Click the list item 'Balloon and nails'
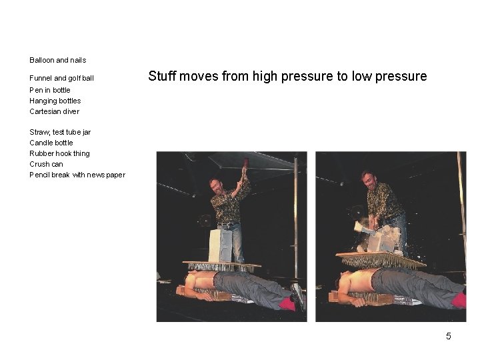tap(57, 60)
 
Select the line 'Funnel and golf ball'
tap(61, 79)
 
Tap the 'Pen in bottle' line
tap(50, 90)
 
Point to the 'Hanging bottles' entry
tap(55, 101)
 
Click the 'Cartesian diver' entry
tap(54, 111)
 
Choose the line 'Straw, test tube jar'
tap(60, 132)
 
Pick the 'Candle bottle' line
tap(51, 143)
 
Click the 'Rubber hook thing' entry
tap(59, 153)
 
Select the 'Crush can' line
tap(46, 164)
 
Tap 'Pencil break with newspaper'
tap(77, 175)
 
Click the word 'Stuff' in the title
tap(162, 76)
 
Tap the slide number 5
tap(449, 336)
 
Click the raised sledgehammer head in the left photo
tap(246, 162)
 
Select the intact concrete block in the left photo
tap(221, 245)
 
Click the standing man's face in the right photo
tap(369, 181)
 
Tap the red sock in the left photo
tap(287, 304)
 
